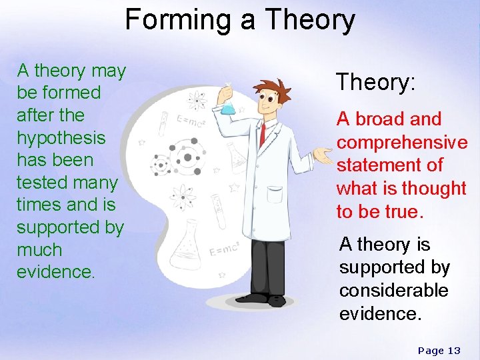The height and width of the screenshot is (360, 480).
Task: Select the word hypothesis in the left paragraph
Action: pyautogui.click(x=61, y=137)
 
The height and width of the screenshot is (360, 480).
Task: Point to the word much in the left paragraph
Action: pyautogui.click(x=39, y=250)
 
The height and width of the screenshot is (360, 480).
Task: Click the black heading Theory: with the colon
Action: pyautogui.click(x=376, y=83)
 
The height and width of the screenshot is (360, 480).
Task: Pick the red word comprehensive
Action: pyautogui.click(x=402, y=143)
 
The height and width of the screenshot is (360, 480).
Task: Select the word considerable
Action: pyautogui.click(x=393, y=291)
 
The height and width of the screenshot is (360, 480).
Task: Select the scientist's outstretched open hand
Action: pyautogui.click(x=324, y=158)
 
